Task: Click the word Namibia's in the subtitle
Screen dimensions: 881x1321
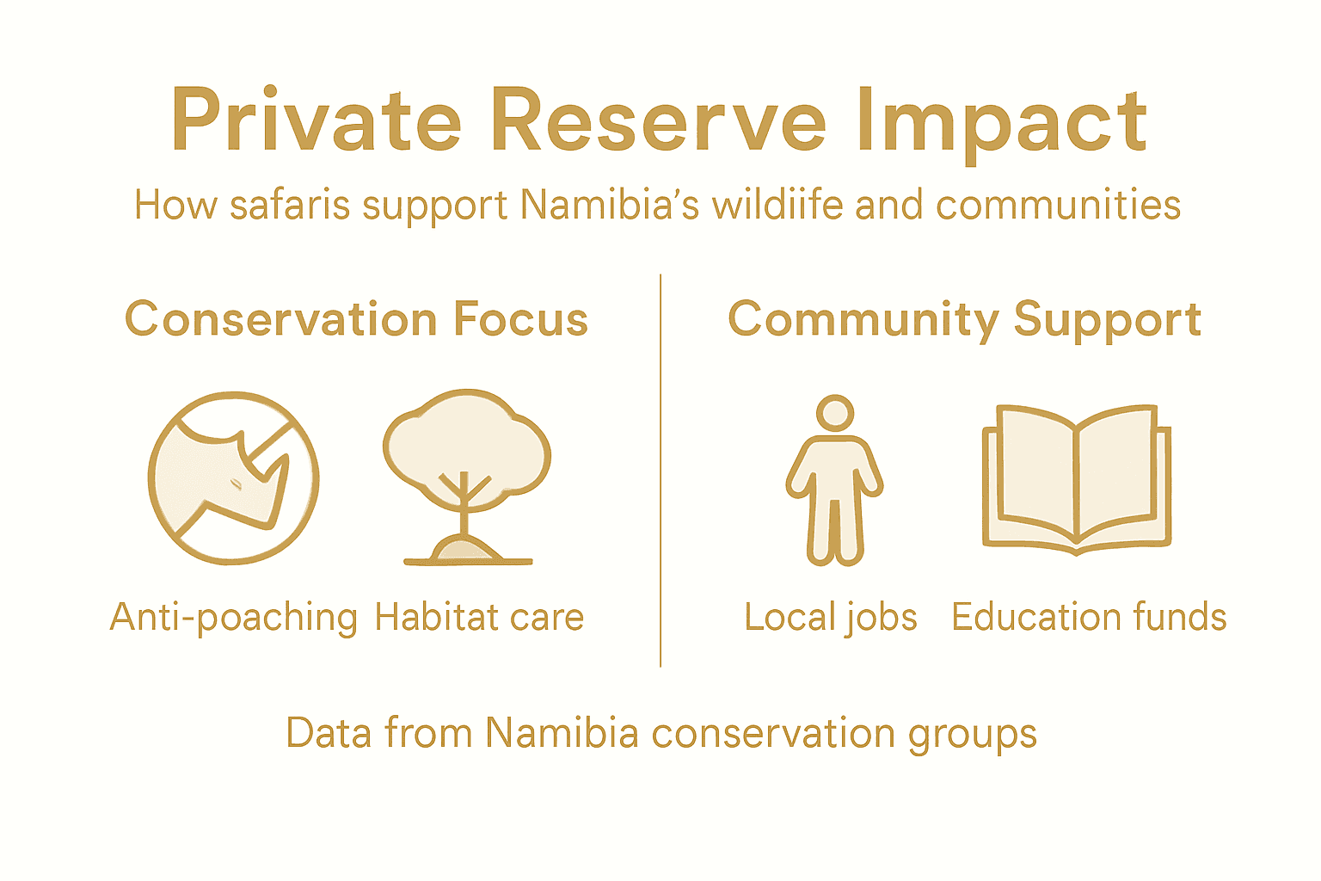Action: tap(610, 206)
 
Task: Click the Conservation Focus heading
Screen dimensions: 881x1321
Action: tap(356, 320)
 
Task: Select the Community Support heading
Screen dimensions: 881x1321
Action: tap(964, 320)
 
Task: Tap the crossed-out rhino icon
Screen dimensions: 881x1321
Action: tap(234, 478)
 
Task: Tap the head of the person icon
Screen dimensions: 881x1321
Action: tap(834, 413)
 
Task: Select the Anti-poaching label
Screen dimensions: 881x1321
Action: tap(234, 618)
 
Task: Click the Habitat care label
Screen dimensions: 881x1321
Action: tap(479, 618)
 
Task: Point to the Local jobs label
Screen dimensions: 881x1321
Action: tap(831, 618)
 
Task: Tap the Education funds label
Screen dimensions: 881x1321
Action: tap(1089, 618)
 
